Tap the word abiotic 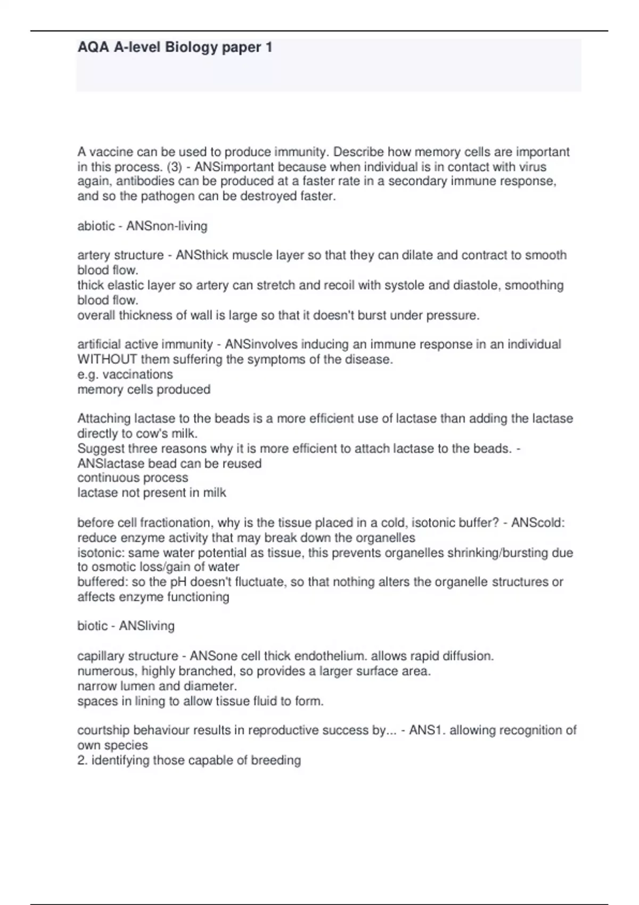[x=96, y=226]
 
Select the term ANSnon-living [x=167, y=226]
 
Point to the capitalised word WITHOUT [x=107, y=359]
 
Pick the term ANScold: [x=538, y=523]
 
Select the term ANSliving [x=146, y=626]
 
